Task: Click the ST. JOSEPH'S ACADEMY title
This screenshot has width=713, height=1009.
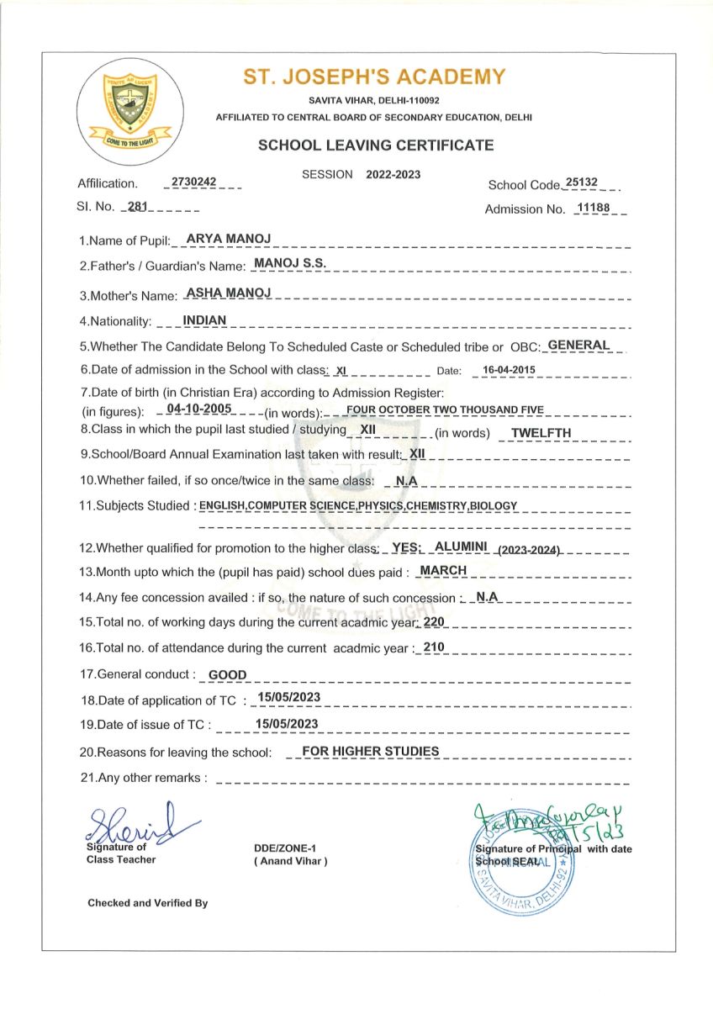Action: click(x=374, y=77)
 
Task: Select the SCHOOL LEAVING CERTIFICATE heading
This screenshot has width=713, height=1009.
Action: click(x=376, y=145)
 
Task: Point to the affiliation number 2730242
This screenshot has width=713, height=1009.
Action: click(x=194, y=182)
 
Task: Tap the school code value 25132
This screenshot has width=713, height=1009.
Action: click(x=582, y=182)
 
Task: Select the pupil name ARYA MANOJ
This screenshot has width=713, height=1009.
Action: click(x=228, y=240)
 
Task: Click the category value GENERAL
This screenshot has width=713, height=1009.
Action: click(x=578, y=345)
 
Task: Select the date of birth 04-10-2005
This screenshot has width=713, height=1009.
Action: click(x=198, y=409)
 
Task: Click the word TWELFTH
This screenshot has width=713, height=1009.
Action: click(x=541, y=432)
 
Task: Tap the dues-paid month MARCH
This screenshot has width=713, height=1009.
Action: click(x=443, y=570)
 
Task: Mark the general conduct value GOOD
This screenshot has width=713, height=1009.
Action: click(x=227, y=674)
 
